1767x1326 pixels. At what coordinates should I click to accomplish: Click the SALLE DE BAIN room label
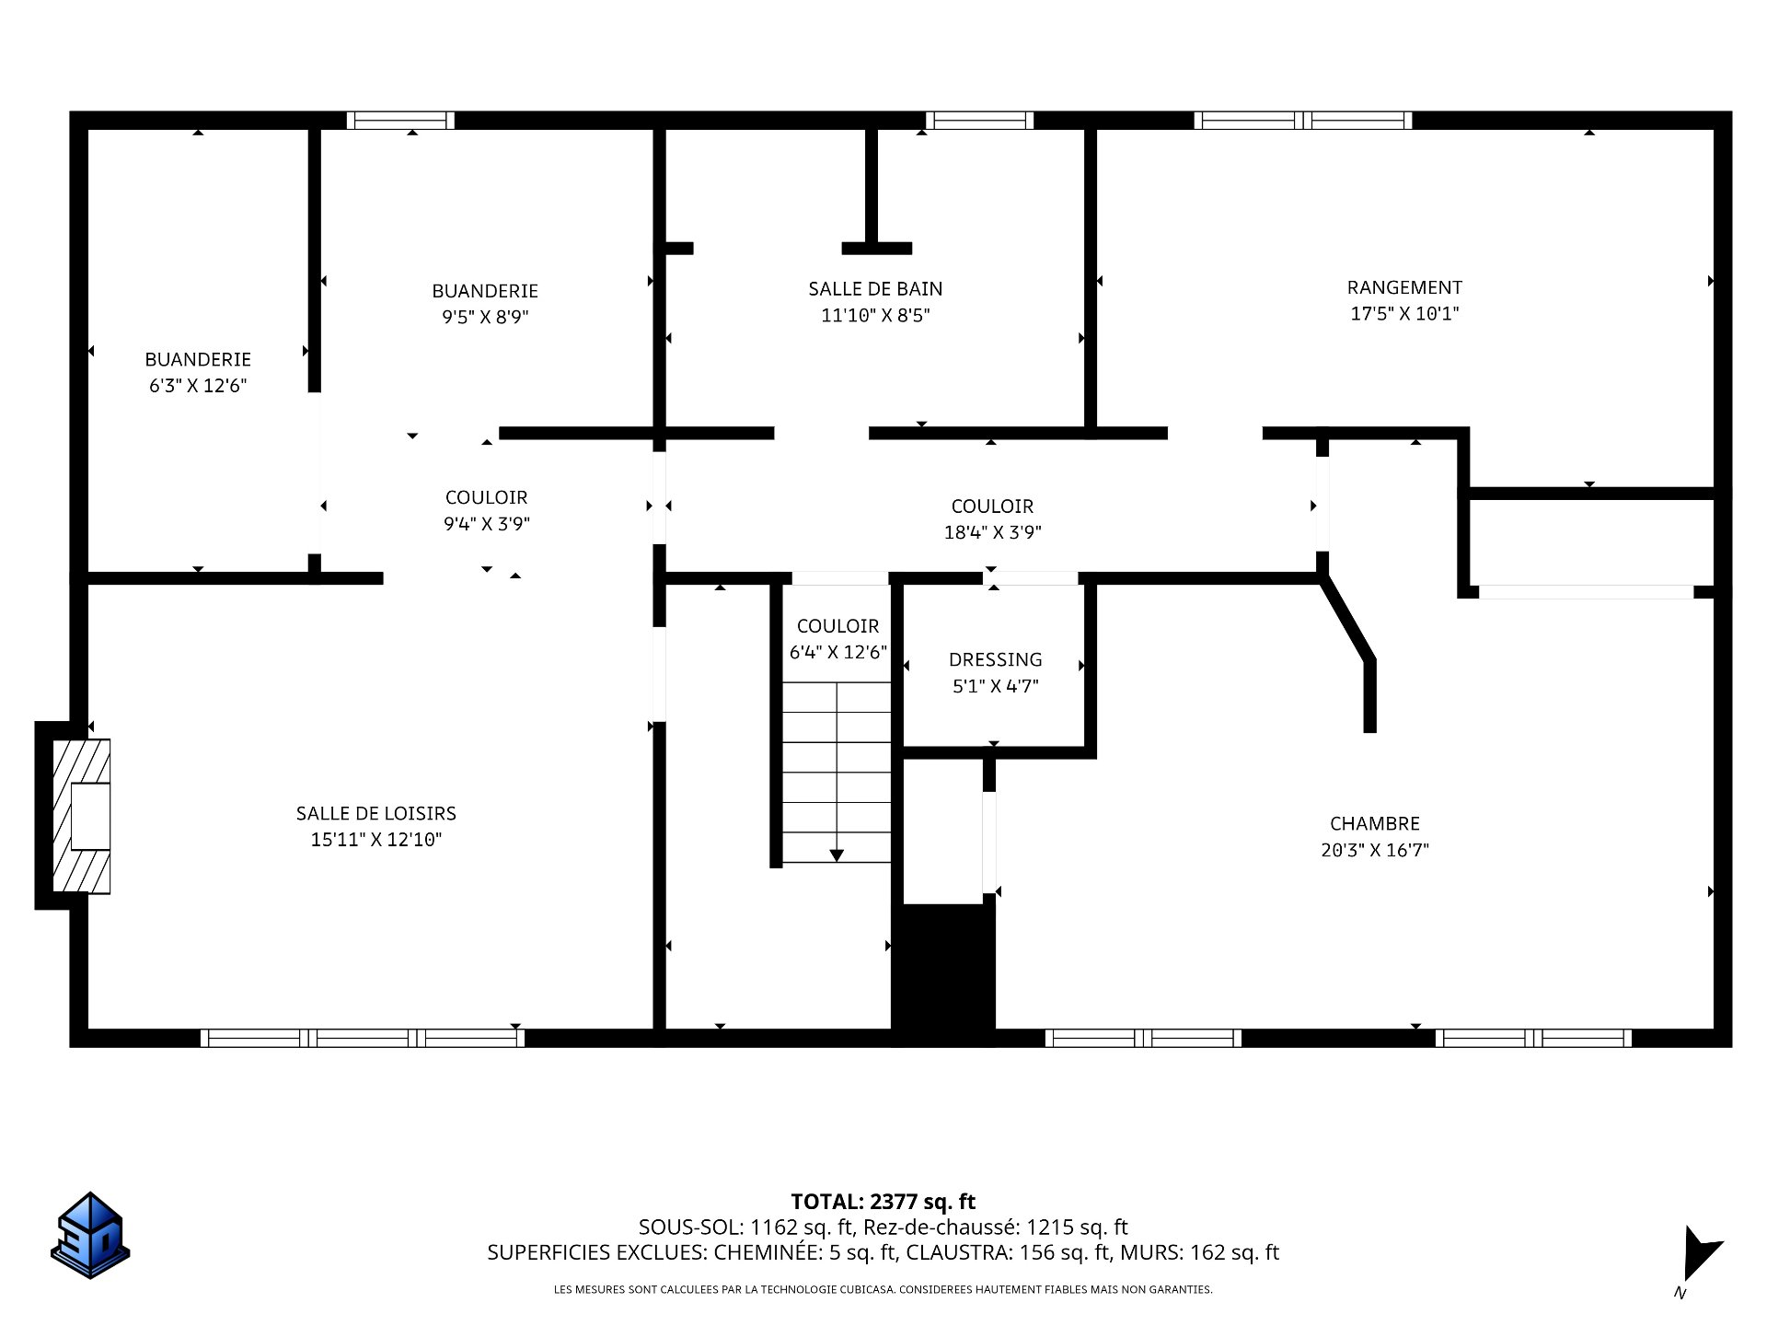coord(875,289)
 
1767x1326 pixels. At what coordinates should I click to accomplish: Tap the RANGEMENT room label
coord(1404,287)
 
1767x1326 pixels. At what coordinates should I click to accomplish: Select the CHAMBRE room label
coord(1375,823)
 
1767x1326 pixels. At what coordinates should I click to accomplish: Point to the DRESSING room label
coord(996,659)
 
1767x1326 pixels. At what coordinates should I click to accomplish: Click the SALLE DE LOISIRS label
coord(376,813)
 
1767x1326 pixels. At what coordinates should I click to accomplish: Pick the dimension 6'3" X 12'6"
coord(198,386)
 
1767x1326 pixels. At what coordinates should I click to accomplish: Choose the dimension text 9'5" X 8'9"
coord(485,318)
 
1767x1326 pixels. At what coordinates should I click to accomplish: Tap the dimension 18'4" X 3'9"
coord(993,532)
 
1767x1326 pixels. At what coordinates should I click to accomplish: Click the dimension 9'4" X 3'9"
coord(486,524)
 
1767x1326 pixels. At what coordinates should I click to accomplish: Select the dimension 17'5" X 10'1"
coord(1404,314)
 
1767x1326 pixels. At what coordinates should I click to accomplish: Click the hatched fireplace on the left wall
coord(81,816)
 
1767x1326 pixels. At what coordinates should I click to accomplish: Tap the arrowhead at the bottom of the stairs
coord(837,855)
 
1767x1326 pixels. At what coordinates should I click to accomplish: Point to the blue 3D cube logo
coord(90,1236)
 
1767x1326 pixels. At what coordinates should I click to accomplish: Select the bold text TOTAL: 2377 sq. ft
coord(883,1202)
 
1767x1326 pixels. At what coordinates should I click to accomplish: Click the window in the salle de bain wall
coord(979,120)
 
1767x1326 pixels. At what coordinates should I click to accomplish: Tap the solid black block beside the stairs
coord(945,974)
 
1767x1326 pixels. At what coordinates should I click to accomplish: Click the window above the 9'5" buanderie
coord(400,120)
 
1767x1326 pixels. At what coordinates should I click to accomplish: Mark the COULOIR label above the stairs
coord(837,626)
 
